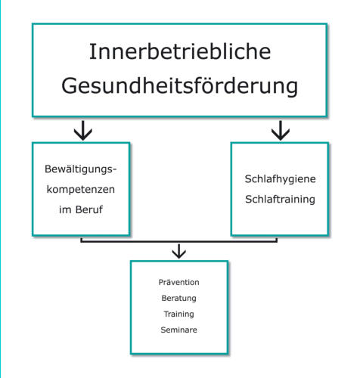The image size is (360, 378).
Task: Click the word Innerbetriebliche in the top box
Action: click(x=180, y=51)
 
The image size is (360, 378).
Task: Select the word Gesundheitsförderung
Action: click(x=180, y=86)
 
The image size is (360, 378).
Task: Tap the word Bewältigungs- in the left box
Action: click(x=80, y=169)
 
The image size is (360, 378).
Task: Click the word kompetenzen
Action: click(x=81, y=190)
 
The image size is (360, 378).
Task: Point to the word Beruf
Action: click(x=89, y=209)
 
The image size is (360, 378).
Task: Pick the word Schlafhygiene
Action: click(x=280, y=179)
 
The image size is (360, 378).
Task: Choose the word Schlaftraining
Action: click(x=280, y=200)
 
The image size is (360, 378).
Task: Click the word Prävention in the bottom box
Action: click(x=178, y=282)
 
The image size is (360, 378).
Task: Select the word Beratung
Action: click(x=178, y=299)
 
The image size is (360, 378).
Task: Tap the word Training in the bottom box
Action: click(x=178, y=314)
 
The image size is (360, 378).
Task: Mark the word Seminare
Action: click(x=178, y=330)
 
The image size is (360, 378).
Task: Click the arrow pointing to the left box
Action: click(x=83, y=130)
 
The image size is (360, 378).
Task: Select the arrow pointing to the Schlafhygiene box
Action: click(x=281, y=130)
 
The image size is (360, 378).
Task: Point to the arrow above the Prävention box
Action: click(x=179, y=251)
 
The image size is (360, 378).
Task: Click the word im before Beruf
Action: click(x=65, y=209)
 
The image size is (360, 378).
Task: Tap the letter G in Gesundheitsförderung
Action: click(x=70, y=85)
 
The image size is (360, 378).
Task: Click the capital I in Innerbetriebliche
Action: click(x=91, y=51)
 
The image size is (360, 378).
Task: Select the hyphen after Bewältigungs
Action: click(x=114, y=170)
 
